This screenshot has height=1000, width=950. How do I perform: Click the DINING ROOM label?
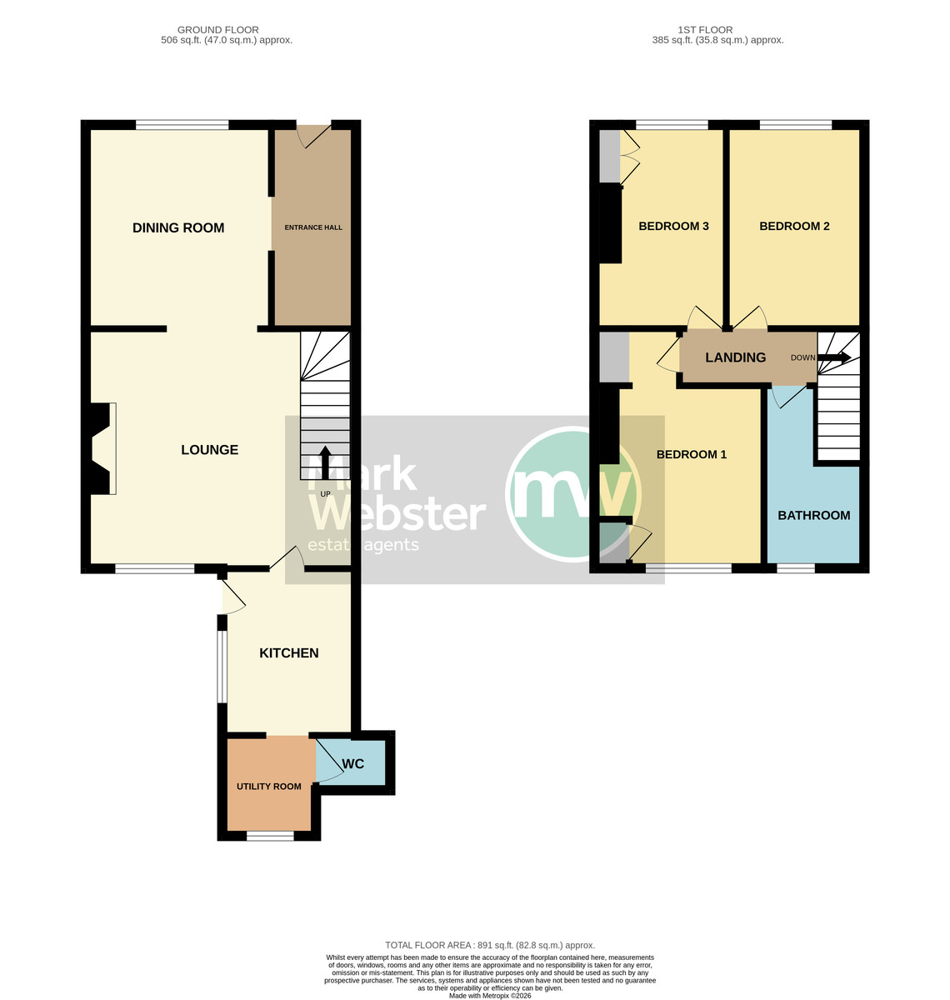coord(178,227)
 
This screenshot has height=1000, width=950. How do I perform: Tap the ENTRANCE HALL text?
coord(313,227)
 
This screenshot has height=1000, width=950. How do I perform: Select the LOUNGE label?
coord(210,450)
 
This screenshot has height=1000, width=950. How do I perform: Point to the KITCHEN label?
coord(289,653)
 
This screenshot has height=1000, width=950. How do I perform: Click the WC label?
coord(353,763)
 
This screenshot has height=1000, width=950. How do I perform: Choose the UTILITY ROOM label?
coord(268,787)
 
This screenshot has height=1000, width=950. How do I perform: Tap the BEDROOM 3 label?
coord(673,226)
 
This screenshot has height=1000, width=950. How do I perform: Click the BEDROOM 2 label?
coord(794,226)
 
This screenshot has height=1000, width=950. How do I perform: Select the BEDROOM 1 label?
coord(691,454)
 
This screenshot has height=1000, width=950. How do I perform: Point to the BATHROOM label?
coord(813,515)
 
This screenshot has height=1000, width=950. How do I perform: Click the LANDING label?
coord(735,357)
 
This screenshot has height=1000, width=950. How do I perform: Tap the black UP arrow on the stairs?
coord(325,462)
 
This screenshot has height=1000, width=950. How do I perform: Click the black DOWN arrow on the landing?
coord(834,357)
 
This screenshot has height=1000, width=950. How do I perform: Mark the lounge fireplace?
coord(100,448)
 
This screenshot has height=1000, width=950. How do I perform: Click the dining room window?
coord(182,125)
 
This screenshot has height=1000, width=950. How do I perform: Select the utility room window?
coord(270,836)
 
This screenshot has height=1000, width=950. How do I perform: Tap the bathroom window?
coord(796,568)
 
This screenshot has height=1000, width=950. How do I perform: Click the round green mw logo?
coord(573,494)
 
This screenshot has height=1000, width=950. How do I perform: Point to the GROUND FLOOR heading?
coord(217,30)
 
